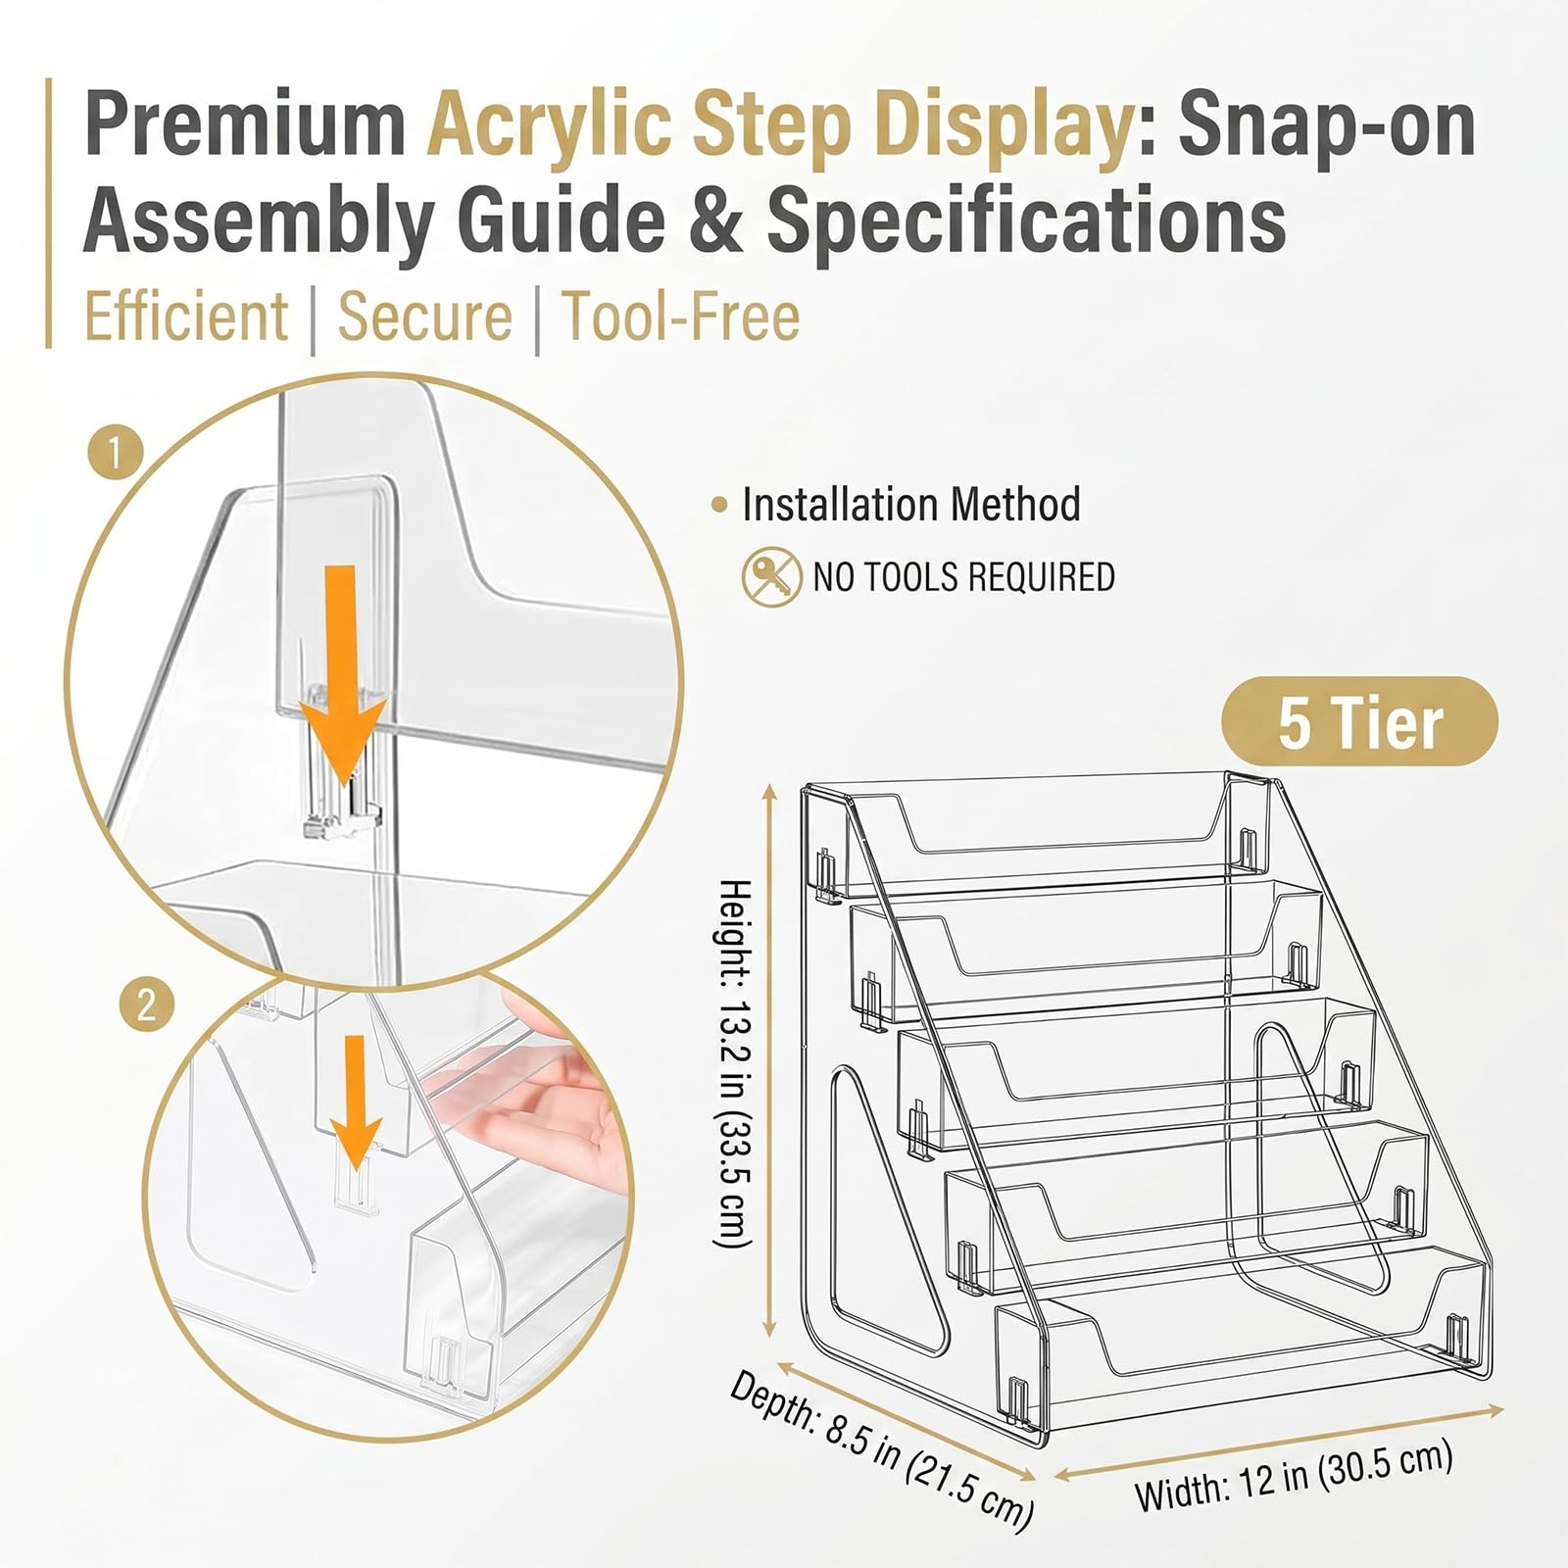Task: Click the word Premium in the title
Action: [245, 124]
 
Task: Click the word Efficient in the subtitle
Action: [186, 318]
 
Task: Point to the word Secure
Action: [424, 318]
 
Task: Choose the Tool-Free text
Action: [681, 318]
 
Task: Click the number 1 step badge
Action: [116, 454]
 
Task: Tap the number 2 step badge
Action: [146, 1005]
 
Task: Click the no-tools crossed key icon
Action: [771, 576]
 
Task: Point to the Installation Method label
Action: [911, 505]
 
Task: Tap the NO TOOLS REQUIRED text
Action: [964, 577]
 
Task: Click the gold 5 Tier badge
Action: [1359, 721]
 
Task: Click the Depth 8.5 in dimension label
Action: [882, 1450]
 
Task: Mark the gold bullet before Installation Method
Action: [720, 506]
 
